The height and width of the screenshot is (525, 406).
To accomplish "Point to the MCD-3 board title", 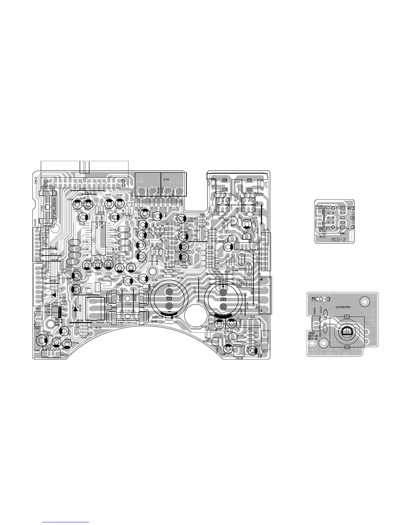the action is tap(321, 299).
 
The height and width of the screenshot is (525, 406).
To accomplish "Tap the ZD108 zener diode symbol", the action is tap(75, 309).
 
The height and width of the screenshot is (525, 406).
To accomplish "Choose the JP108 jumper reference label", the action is tap(80, 321).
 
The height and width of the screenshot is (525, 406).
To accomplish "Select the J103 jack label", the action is tap(166, 180).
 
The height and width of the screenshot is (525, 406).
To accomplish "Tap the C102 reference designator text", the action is tap(203, 289).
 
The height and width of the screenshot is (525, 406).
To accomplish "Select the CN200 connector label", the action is tap(319, 206).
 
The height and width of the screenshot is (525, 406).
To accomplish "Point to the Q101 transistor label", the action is tap(252, 316).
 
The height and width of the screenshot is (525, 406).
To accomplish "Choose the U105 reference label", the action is tap(266, 230).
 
